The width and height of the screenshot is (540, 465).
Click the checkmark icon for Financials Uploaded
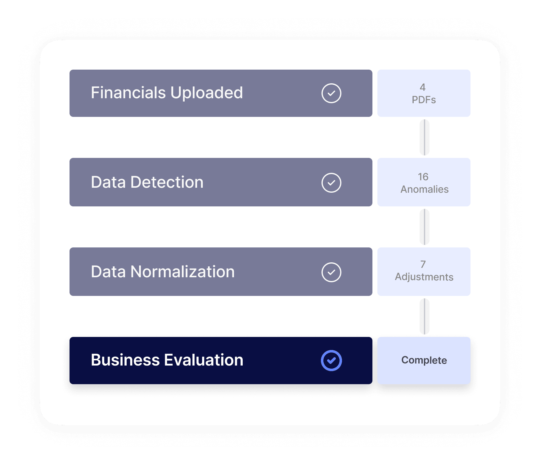pos(331,93)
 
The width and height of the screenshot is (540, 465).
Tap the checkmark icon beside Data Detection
pos(331,182)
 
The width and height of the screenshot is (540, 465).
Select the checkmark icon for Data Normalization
pos(331,272)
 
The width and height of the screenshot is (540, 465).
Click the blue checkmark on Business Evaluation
pos(331,360)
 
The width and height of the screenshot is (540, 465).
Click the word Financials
pos(128,93)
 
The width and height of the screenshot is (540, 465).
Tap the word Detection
pos(167,182)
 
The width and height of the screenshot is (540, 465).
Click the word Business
pos(125,360)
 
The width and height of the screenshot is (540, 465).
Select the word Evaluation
pos(204,360)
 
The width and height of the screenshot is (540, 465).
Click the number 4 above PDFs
pos(423,87)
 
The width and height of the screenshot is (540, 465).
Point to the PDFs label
pos(424,100)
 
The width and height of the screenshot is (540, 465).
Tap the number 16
pos(423,177)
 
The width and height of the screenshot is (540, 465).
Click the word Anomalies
pos(424,189)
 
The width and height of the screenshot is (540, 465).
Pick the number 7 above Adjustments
pos(423,264)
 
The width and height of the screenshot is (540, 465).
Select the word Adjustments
pos(424,277)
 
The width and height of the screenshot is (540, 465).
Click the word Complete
pos(424,360)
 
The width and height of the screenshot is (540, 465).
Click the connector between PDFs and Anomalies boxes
pos(424,137)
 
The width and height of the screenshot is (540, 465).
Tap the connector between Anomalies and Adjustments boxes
pos(424,227)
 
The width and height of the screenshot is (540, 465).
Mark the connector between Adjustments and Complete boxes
pos(424,316)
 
